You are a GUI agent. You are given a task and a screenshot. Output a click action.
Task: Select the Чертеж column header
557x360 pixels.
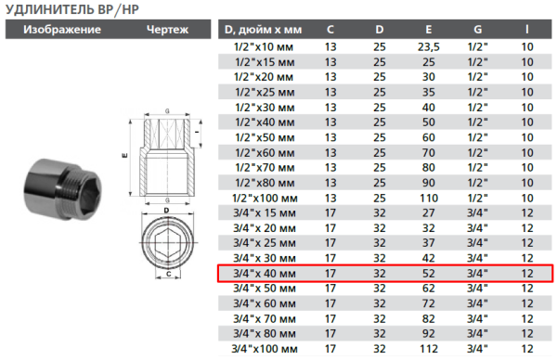167,30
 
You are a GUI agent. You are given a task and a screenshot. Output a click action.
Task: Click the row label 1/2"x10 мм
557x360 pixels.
264,46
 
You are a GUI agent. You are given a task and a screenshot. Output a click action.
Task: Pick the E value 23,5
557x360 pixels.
428,46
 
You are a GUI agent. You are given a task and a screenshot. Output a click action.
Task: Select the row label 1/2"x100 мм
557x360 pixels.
266,198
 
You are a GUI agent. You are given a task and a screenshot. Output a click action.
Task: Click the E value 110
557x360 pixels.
428,198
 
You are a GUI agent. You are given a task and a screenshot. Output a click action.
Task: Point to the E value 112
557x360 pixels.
428,349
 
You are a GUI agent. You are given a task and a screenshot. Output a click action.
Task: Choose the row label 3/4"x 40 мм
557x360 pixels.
266,274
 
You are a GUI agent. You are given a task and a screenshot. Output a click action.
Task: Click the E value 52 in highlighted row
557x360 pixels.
428,274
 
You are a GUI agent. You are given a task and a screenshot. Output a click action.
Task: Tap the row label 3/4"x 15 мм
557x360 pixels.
266,212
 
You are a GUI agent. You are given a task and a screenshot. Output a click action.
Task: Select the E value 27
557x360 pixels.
428,212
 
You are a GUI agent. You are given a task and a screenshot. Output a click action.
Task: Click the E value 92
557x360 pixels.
428,334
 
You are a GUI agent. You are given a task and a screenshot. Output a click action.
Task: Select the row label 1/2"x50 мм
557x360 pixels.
265,122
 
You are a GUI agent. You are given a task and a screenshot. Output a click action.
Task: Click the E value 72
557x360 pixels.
428,303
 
